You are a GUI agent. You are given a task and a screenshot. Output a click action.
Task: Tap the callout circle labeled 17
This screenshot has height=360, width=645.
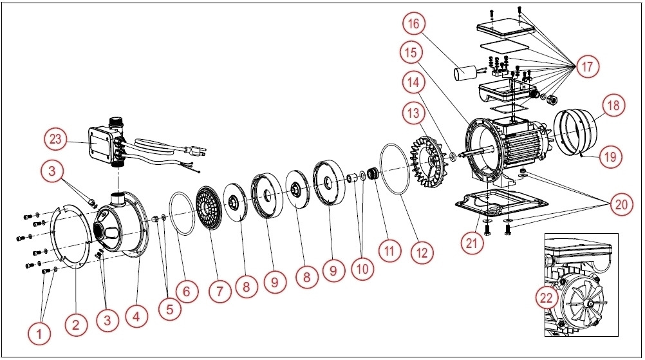click(586, 66)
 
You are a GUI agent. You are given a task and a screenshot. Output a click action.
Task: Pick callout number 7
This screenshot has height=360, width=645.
click(220, 291)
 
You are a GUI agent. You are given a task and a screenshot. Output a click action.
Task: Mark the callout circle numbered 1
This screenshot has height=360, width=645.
click(39, 334)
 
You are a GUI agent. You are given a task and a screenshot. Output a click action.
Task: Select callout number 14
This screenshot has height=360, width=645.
click(413, 82)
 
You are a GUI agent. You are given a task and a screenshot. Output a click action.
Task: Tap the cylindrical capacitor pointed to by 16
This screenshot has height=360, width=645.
click(465, 74)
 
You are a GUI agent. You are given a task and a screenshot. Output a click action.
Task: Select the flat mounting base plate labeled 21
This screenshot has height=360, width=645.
click(496, 205)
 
